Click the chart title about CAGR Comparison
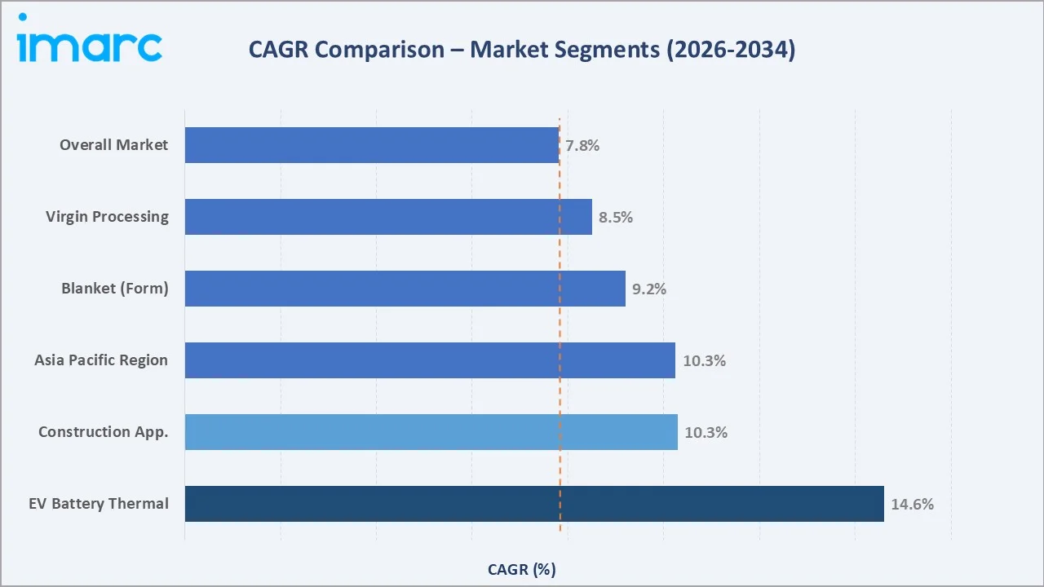point(522,50)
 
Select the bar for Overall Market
point(372,145)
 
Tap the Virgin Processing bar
point(388,217)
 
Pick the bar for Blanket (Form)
point(405,289)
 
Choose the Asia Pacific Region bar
point(430,360)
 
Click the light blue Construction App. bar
point(431,432)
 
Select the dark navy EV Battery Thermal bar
point(534,504)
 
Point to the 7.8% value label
point(582,146)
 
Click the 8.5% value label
point(616,218)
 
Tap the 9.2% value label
point(649,289)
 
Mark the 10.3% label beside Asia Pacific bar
point(704,361)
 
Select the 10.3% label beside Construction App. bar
point(706,433)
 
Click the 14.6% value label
point(912,505)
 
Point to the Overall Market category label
point(113,145)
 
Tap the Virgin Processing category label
point(107,217)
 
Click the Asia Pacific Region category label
point(101,360)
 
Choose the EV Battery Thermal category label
point(99,504)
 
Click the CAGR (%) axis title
point(522,569)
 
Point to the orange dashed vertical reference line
point(560,326)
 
